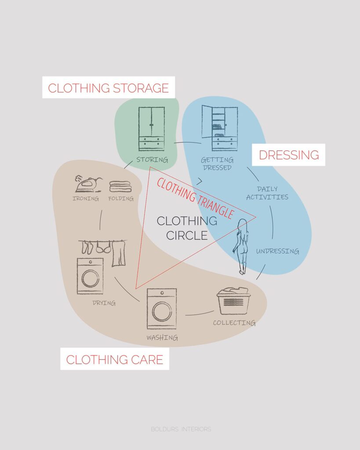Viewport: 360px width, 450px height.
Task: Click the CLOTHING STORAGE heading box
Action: point(109,87)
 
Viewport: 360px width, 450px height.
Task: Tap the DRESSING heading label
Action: point(288,155)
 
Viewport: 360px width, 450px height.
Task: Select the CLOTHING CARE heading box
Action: point(115,359)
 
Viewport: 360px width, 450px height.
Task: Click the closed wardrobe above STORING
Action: point(152,129)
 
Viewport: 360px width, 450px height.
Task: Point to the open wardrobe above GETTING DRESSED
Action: point(220,128)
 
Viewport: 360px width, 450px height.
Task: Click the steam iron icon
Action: point(88,184)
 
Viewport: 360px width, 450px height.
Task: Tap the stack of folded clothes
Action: point(120,186)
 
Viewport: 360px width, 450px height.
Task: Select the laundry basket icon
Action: point(233,301)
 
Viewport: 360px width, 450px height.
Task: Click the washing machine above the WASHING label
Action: point(162,309)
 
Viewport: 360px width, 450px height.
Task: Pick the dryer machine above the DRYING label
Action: point(90,276)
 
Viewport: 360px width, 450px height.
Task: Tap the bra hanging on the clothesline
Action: point(103,247)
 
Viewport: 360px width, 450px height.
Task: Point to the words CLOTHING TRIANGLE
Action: point(195,198)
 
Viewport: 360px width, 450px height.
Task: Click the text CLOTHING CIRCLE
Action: point(187,228)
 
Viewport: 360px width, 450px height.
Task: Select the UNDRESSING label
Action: point(277,251)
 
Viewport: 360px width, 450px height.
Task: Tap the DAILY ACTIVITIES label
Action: point(267,193)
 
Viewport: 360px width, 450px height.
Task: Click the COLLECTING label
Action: point(234,323)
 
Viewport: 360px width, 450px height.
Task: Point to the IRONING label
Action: point(86,198)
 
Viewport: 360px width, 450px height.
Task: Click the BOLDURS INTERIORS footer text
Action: point(181,429)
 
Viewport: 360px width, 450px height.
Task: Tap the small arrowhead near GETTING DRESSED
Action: point(200,181)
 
